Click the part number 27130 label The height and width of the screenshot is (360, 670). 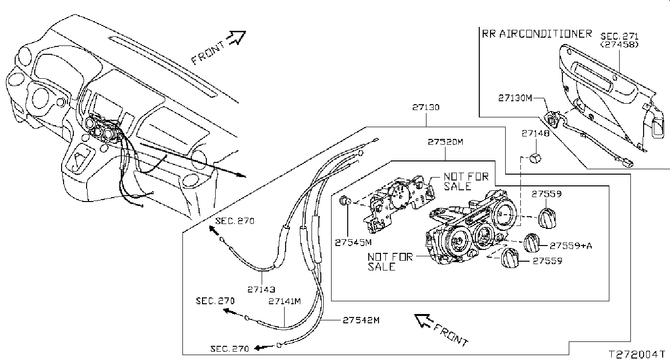pos(426,108)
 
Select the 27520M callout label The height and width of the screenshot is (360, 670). pos(446,141)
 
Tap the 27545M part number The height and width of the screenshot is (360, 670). pos(353,243)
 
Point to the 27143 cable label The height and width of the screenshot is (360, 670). pos(261,290)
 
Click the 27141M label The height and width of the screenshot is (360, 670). pos(285,301)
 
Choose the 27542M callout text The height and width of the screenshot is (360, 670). pos(361,320)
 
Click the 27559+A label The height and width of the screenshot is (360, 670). pos(571,246)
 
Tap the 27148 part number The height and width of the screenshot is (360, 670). pos(536,133)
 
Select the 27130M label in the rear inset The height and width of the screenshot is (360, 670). pos(515,98)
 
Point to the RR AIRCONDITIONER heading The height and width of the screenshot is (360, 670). pos(537,34)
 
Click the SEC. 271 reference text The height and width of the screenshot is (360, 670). pos(619,36)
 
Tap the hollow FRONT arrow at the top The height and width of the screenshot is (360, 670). pos(236,38)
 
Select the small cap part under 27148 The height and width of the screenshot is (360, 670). pos(535,157)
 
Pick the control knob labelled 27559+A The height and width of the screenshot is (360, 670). pos(532,243)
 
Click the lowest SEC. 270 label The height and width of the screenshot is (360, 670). pos(229,349)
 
